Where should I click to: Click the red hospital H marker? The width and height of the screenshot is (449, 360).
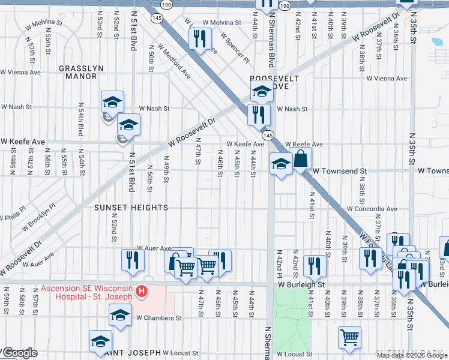142,292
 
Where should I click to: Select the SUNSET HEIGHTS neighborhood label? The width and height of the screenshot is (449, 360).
130,208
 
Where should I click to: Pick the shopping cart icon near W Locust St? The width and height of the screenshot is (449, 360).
349,337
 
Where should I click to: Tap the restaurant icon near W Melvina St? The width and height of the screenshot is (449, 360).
198,38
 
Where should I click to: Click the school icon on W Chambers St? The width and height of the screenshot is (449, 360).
120,314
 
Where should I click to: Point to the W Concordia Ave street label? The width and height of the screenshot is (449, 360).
372,209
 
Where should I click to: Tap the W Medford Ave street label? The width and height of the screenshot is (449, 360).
174,62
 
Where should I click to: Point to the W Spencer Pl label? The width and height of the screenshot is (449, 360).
234,48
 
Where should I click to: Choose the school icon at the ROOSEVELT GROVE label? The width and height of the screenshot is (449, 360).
262,91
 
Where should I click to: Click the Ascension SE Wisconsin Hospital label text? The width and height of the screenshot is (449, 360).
86,288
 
